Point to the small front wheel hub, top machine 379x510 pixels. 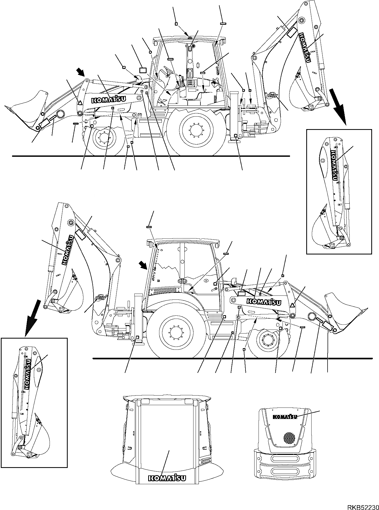pos(103,138)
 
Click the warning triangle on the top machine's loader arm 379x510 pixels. pos(80,102)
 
